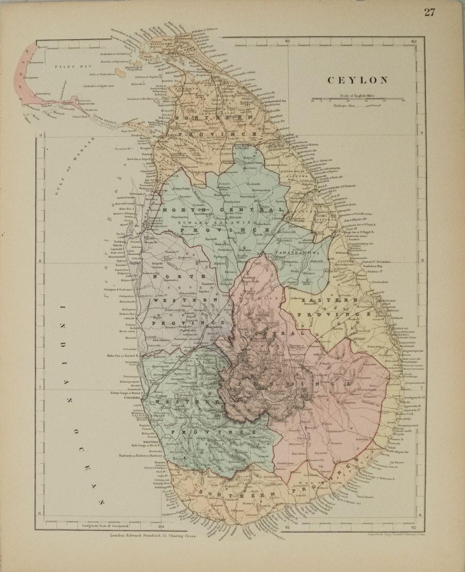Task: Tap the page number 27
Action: click(x=429, y=12)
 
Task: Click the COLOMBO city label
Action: click(x=134, y=399)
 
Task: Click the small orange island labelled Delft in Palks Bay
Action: click(x=119, y=74)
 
